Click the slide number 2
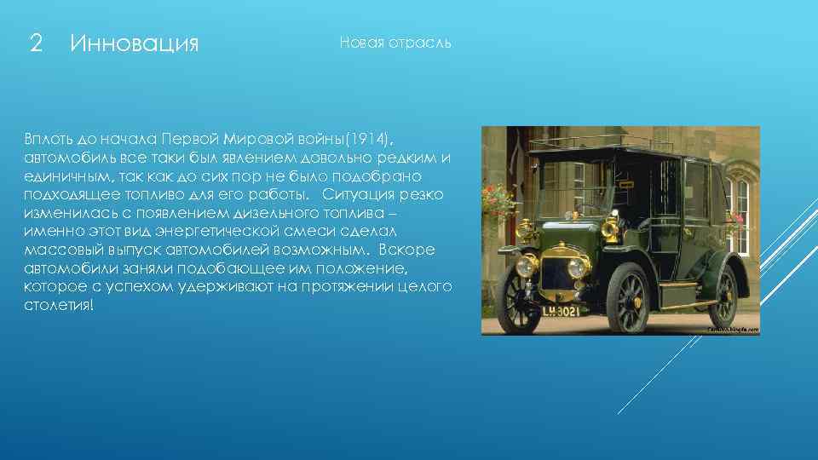[x=36, y=43]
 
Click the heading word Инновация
[x=135, y=43]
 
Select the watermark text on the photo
[x=731, y=329]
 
